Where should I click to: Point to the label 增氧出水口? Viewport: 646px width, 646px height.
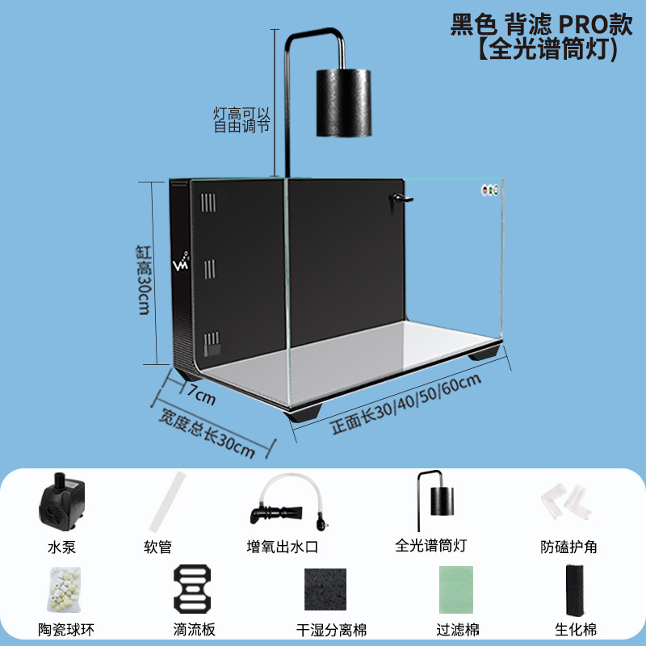coord(283,547)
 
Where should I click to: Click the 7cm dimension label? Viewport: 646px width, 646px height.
coord(201,396)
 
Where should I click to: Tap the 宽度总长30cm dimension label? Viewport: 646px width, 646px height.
coord(208,431)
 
